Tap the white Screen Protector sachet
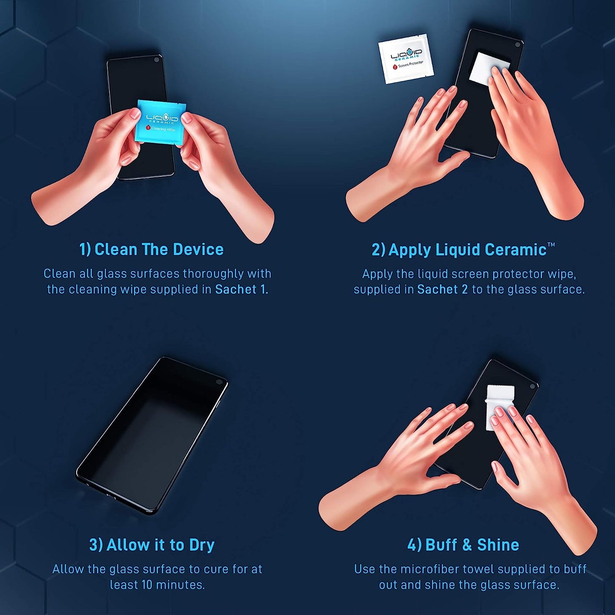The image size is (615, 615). click(x=406, y=59)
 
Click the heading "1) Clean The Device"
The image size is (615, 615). click(x=152, y=249)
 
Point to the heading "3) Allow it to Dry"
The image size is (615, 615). click(x=152, y=545)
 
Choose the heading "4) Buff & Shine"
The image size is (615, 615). click(x=463, y=545)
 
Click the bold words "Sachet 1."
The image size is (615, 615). click(x=241, y=289)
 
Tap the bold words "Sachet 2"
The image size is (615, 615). click(x=442, y=289)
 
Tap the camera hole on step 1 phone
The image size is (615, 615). click(x=157, y=60)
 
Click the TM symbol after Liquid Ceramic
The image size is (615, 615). click(x=551, y=245)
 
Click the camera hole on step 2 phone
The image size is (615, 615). click(x=518, y=44)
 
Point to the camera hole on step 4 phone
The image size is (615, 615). click(x=532, y=386)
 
